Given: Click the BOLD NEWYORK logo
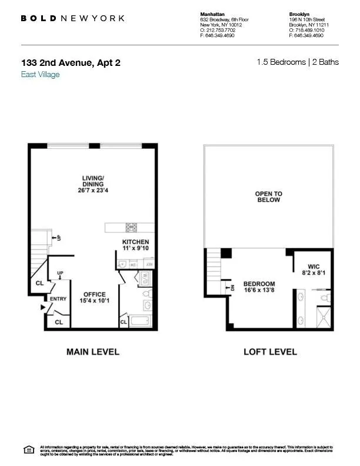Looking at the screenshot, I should [72, 18].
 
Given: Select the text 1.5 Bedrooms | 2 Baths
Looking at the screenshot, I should [298, 62].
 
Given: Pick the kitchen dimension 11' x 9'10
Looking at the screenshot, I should [135, 249].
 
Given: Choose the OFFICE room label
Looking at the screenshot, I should [94, 295].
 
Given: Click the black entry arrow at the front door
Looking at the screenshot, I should [43, 308].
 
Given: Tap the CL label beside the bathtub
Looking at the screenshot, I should [124, 322].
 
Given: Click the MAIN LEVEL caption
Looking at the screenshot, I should [92, 352].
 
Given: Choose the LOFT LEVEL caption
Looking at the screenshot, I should [270, 352].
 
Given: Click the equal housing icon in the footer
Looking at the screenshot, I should [28, 450].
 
